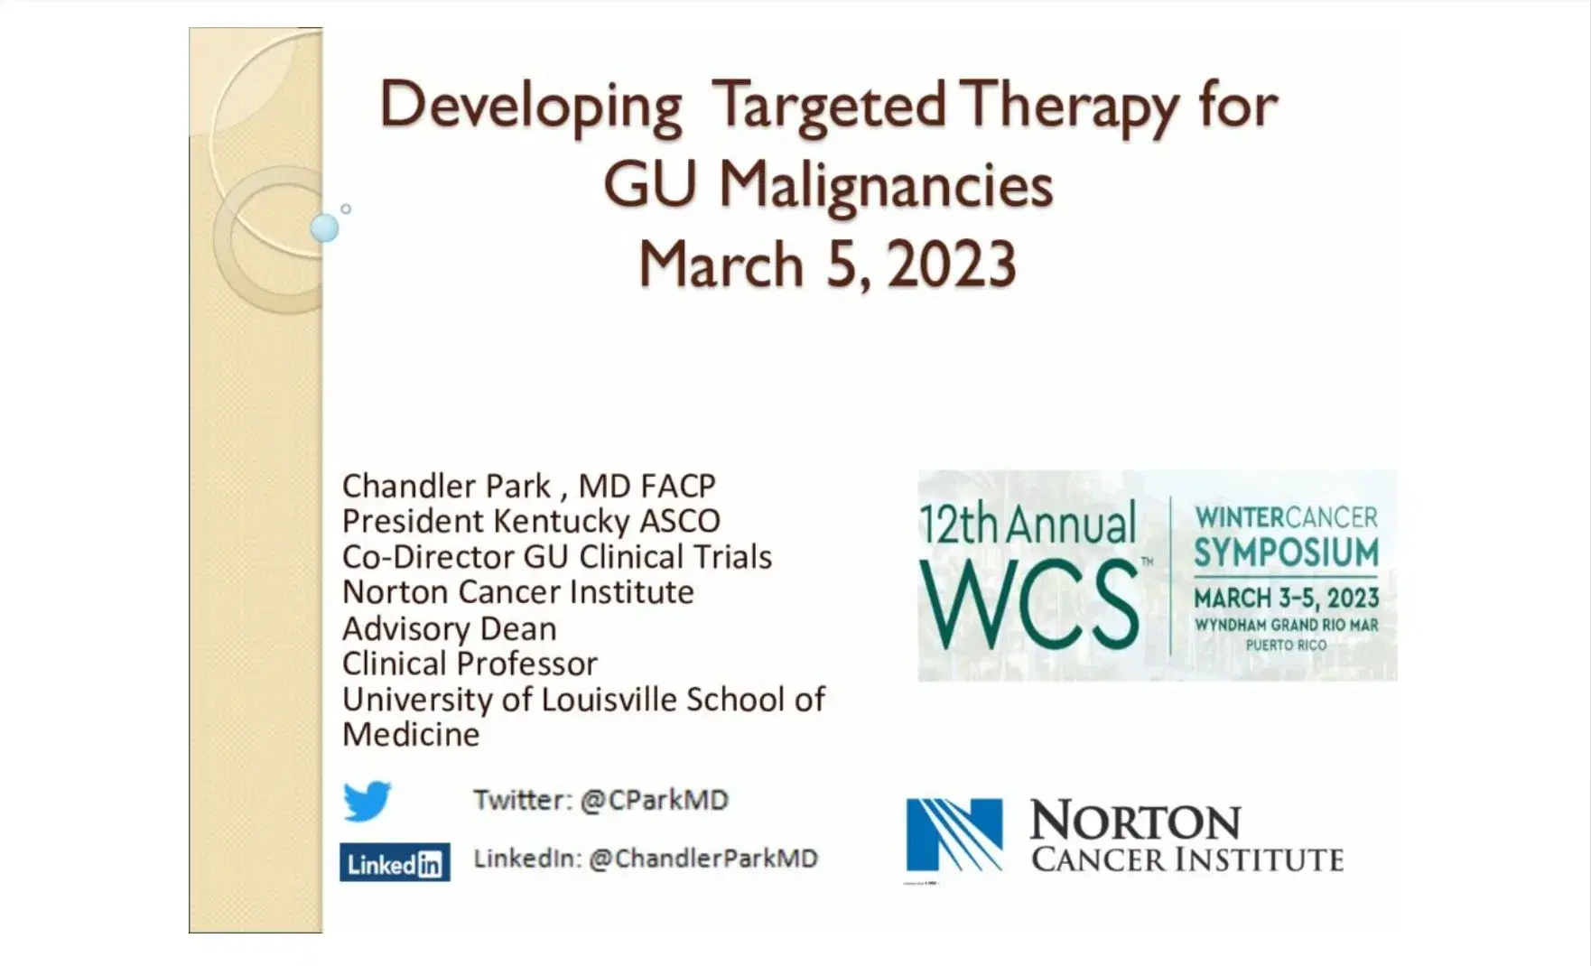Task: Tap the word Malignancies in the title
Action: (886, 186)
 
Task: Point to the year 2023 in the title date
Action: (952, 265)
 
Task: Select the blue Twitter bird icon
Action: (367, 801)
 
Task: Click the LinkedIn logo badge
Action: (395, 863)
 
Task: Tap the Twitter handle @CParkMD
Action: (654, 800)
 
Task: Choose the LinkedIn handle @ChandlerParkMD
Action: (702, 858)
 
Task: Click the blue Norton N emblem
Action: (954, 835)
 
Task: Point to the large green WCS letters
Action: (1029, 604)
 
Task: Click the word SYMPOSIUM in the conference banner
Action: (1286, 553)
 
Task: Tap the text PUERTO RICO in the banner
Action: (1286, 645)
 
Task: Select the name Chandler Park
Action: (446, 486)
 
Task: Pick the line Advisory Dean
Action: (449, 628)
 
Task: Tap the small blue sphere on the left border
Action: (324, 228)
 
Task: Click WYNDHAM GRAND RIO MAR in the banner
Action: (1286, 625)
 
